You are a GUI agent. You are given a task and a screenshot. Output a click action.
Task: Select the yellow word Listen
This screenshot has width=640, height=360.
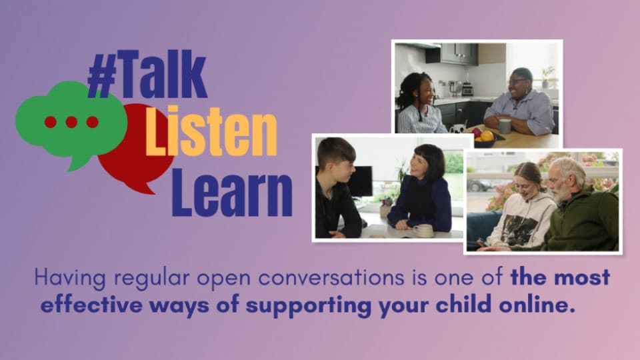pyautogui.click(x=211, y=131)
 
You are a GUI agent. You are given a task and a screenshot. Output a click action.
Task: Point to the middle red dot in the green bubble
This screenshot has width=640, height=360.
pyautogui.click(x=71, y=121)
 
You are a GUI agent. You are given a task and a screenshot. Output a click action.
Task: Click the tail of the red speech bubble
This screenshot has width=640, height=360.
pyautogui.click(x=144, y=188)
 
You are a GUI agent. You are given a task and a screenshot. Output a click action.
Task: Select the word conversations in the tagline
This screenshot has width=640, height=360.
pyautogui.click(x=331, y=278)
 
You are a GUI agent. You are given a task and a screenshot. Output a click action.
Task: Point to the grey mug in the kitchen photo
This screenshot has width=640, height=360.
pyautogui.click(x=505, y=126)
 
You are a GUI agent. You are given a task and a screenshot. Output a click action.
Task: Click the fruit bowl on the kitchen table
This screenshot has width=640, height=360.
pyautogui.click(x=485, y=138)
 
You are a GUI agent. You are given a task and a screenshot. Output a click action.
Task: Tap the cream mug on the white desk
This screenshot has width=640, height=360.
pyautogui.click(x=423, y=231)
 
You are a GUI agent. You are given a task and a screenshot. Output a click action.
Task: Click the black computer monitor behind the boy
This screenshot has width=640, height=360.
pyautogui.click(x=361, y=181)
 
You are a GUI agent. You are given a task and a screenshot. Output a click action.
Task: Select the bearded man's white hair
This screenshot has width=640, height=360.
pyautogui.click(x=569, y=168)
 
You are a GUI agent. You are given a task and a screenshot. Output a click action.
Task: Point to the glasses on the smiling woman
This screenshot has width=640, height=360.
pyautogui.click(x=518, y=81)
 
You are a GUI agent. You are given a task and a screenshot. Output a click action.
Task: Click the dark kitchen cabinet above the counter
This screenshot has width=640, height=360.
pyautogui.click(x=452, y=53)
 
